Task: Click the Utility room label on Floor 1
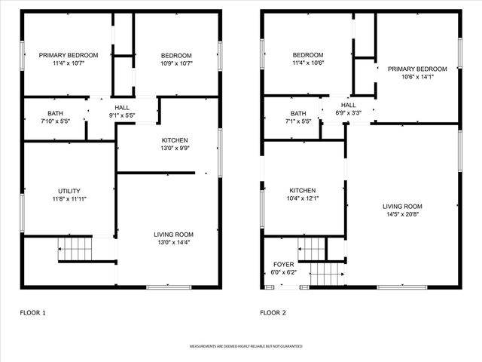pyautogui.click(x=69, y=191)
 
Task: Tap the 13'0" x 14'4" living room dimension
pyautogui.click(x=174, y=242)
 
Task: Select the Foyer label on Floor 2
pyautogui.click(x=283, y=265)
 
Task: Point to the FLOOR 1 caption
pyautogui.click(x=32, y=312)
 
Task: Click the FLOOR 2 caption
pyautogui.click(x=273, y=312)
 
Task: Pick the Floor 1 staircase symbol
pyautogui.click(x=75, y=248)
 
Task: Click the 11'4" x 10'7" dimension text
pyautogui.click(x=69, y=63)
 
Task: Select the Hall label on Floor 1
pyautogui.click(x=122, y=108)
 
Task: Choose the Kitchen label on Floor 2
pyautogui.click(x=302, y=190)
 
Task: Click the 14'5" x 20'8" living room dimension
pyautogui.click(x=402, y=214)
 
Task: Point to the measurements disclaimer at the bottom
pyautogui.click(x=246, y=346)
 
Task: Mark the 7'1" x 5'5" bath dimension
pyautogui.click(x=298, y=121)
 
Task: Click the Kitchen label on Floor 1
pyautogui.click(x=175, y=140)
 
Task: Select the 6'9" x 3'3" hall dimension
pyautogui.click(x=348, y=113)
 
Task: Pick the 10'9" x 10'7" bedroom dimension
pyautogui.click(x=177, y=63)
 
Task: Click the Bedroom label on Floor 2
pyautogui.click(x=308, y=55)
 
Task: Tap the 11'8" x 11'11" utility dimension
pyautogui.click(x=69, y=199)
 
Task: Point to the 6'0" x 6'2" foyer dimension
pyautogui.click(x=283, y=272)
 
